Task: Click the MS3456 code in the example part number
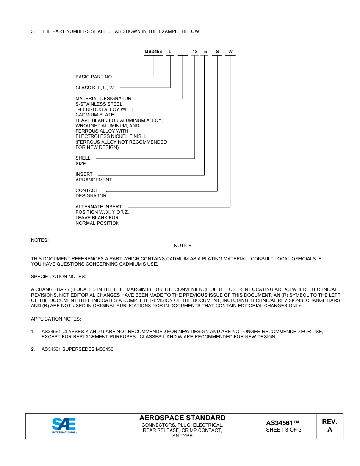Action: coord(153,51)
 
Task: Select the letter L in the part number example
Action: coord(170,51)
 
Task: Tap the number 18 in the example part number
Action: coord(195,51)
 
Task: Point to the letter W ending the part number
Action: coord(230,51)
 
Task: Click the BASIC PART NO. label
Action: coord(94,77)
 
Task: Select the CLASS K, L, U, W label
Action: coord(94,88)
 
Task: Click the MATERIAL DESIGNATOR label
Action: coord(103,99)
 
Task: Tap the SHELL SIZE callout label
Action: coord(83,161)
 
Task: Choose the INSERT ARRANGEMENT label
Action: coord(93,177)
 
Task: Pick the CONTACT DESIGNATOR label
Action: coord(91,193)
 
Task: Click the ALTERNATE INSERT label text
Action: coord(99,207)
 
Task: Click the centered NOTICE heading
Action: coord(183,246)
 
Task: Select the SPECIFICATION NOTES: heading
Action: coord(58,277)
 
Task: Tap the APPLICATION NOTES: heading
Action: coord(56,319)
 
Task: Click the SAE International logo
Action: coord(64,426)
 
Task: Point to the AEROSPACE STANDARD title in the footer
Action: coord(182,418)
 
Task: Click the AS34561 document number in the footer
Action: coord(282,423)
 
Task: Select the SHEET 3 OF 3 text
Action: coord(283,430)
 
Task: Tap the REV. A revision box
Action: coord(329,425)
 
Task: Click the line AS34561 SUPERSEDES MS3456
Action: coord(78,349)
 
